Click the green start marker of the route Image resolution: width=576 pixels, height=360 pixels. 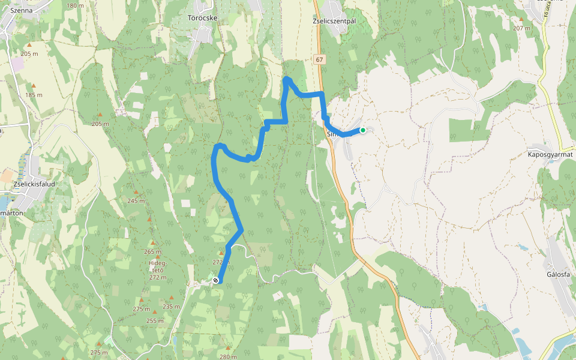coord(363,130)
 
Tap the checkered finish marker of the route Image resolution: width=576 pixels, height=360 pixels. coord(215,280)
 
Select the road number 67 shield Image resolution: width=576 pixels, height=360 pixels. coord(319,59)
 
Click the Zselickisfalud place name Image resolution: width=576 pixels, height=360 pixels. coord(34,185)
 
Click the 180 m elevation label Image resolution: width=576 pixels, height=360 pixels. coord(76,5)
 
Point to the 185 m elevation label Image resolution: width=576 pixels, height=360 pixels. coord(34,95)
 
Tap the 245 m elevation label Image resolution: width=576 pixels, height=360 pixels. coord(136,201)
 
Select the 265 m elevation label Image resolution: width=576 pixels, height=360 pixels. coord(152,251)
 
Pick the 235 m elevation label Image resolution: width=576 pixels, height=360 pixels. coord(171,307)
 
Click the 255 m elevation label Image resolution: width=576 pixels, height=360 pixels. coord(155,320)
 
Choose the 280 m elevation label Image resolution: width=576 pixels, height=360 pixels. coord(228,356)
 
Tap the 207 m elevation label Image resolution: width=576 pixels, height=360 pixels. coord(521,28)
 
